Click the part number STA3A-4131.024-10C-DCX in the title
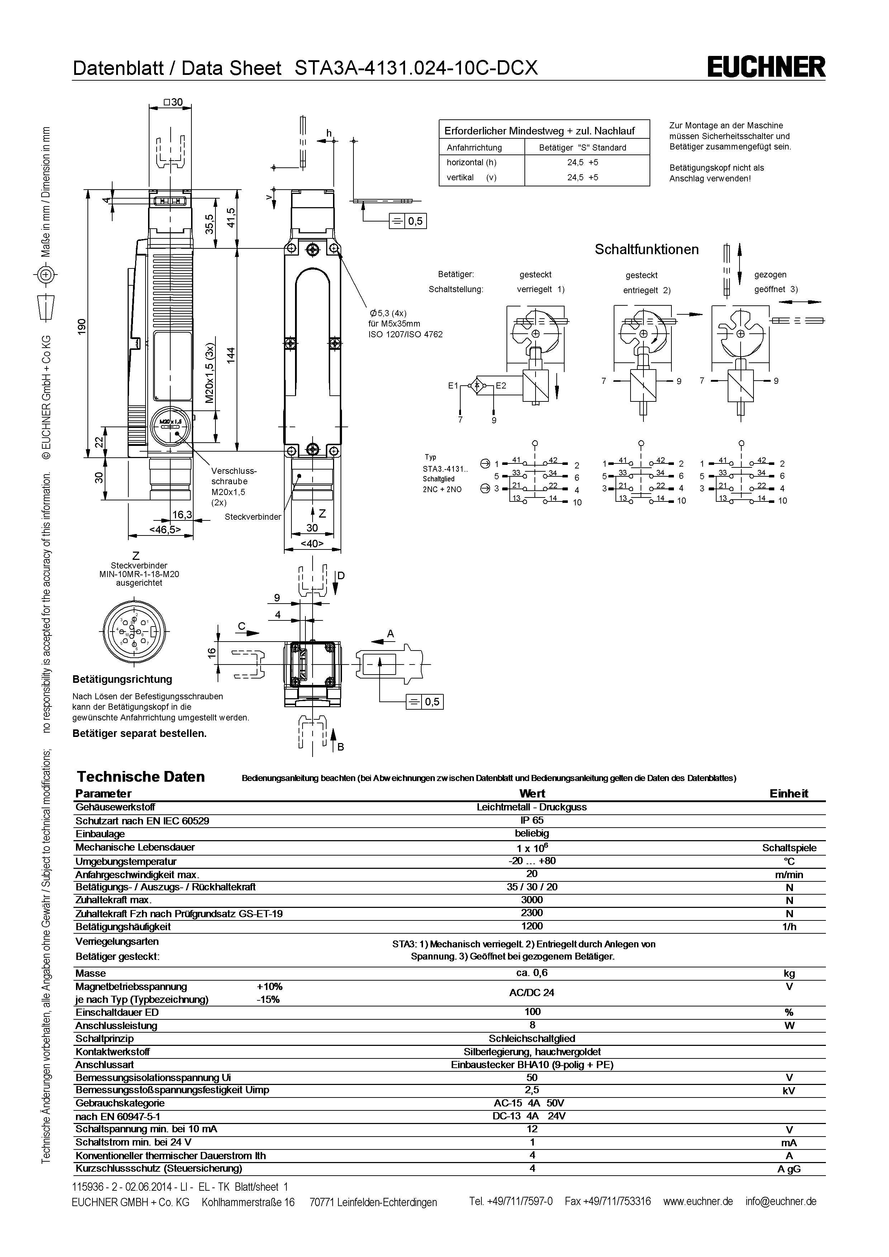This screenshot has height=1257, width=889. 416,68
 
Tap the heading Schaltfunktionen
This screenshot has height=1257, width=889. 646,250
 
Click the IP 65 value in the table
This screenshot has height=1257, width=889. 532,820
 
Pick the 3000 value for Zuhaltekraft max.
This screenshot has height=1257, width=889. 532,900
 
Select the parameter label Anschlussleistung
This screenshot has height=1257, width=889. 116,1025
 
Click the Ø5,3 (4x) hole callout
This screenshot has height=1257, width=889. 388,314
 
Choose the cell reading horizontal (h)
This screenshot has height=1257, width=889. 471,162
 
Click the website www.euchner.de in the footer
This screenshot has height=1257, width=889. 698,1201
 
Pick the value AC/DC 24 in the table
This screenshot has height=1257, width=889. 532,992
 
